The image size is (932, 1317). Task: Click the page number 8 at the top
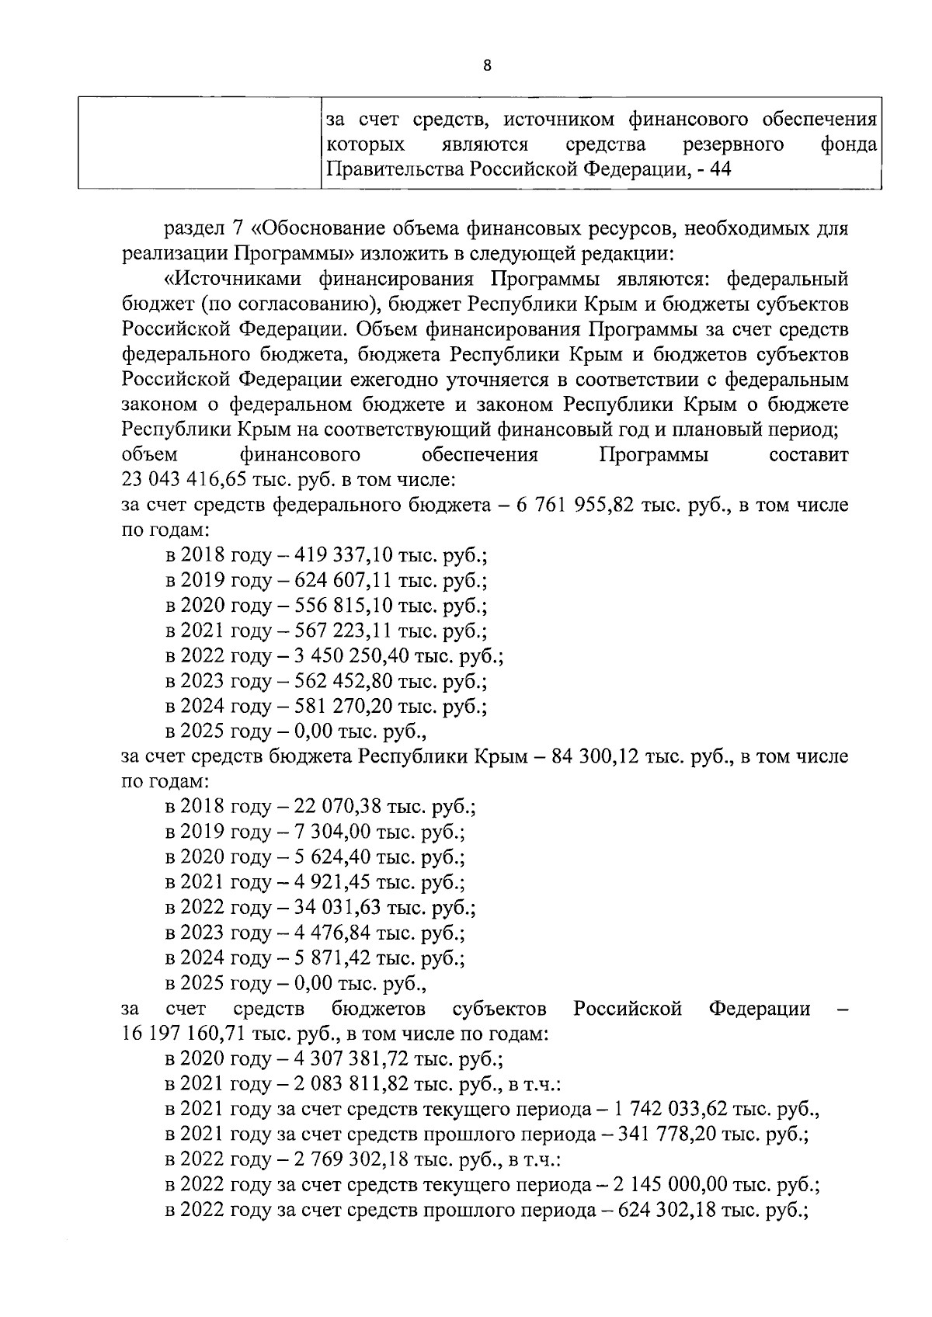coord(487,66)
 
